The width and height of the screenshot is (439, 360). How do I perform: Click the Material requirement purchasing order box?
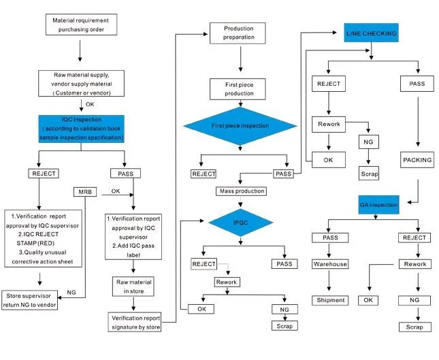pyautogui.click(x=81, y=24)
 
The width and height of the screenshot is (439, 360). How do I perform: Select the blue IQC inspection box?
pyautogui.click(x=81, y=129)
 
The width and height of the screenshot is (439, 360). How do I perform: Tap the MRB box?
pyautogui.click(x=85, y=192)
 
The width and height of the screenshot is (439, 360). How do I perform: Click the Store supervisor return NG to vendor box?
pyautogui.click(x=30, y=300)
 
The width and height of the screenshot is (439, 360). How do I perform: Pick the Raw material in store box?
pyautogui.click(x=133, y=287)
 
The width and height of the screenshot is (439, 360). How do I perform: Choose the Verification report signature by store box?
pyautogui.click(x=135, y=322)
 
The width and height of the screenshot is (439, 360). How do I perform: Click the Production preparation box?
pyautogui.click(x=238, y=33)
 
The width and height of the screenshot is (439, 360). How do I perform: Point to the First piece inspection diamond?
pyautogui.click(x=240, y=126)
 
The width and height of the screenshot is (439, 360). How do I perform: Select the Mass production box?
pyautogui.click(x=242, y=191)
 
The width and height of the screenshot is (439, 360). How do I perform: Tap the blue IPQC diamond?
pyautogui.click(x=240, y=223)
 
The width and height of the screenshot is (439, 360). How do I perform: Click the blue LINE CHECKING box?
pyautogui.click(x=371, y=33)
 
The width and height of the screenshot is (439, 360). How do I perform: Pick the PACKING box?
pyautogui.click(x=417, y=160)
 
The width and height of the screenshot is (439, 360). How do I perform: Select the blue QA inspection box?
pyautogui.click(x=379, y=205)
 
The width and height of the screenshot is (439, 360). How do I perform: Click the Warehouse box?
pyautogui.click(x=330, y=264)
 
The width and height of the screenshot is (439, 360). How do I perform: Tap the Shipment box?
pyautogui.click(x=330, y=300)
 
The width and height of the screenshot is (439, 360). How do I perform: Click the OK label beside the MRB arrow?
pyautogui.click(x=116, y=191)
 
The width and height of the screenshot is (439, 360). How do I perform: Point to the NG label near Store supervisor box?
pyautogui.click(x=71, y=292)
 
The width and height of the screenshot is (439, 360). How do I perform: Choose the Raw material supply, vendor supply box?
pyautogui.click(x=81, y=84)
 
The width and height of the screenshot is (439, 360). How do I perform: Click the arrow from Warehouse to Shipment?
pyautogui.click(x=329, y=280)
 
